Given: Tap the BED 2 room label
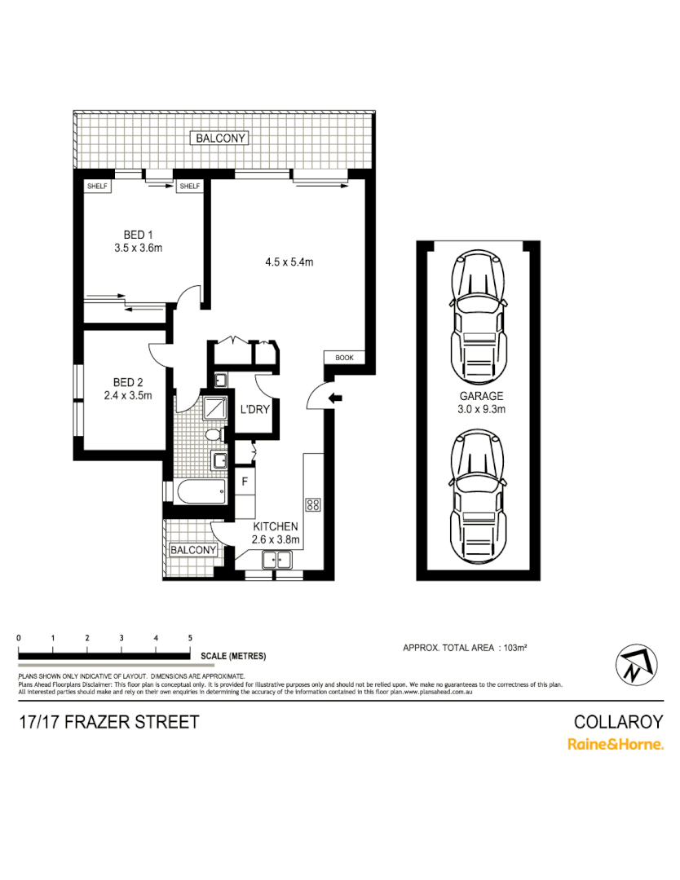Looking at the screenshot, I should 128,382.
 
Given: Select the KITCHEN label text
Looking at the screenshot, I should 275,526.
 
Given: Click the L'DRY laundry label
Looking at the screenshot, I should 254,410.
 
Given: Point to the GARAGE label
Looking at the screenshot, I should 481,397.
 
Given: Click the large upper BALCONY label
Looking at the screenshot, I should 220,139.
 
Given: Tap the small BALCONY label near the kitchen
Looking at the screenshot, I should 193,550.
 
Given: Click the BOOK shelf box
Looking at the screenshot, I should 344,358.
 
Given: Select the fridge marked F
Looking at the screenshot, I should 244,481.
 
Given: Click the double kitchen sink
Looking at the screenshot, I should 277,560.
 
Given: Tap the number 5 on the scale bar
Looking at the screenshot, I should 190,637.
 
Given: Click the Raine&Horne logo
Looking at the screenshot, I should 615,744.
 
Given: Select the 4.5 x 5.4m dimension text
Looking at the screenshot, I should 289,262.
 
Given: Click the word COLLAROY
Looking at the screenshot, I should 619,722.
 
